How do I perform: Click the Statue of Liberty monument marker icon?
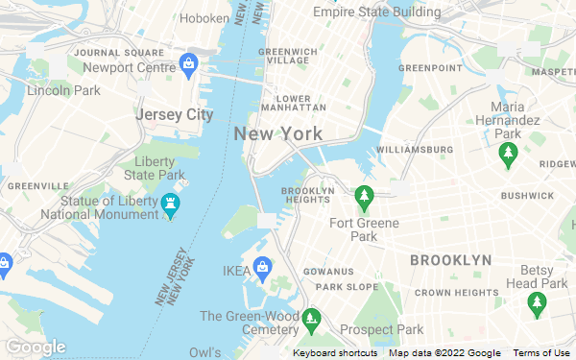pyautogui.click(x=171, y=204)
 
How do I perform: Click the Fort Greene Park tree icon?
pyautogui.click(x=364, y=199)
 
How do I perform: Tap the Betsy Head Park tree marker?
pyautogui.click(x=537, y=304)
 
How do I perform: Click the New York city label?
pyautogui.click(x=277, y=133)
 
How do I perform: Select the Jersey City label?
pyautogui.click(x=174, y=114)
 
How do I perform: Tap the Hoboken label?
pyautogui.click(x=204, y=17)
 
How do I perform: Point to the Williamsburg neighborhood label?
pyautogui.click(x=415, y=150)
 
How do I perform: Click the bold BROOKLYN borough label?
pyautogui.click(x=450, y=260)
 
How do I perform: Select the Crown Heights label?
pyautogui.click(x=456, y=292)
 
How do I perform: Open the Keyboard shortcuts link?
pyautogui.click(x=334, y=353)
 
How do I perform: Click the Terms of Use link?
pyautogui.click(x=541, y=353)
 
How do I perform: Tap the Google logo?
pyautogui.click(x=35, y=347)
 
